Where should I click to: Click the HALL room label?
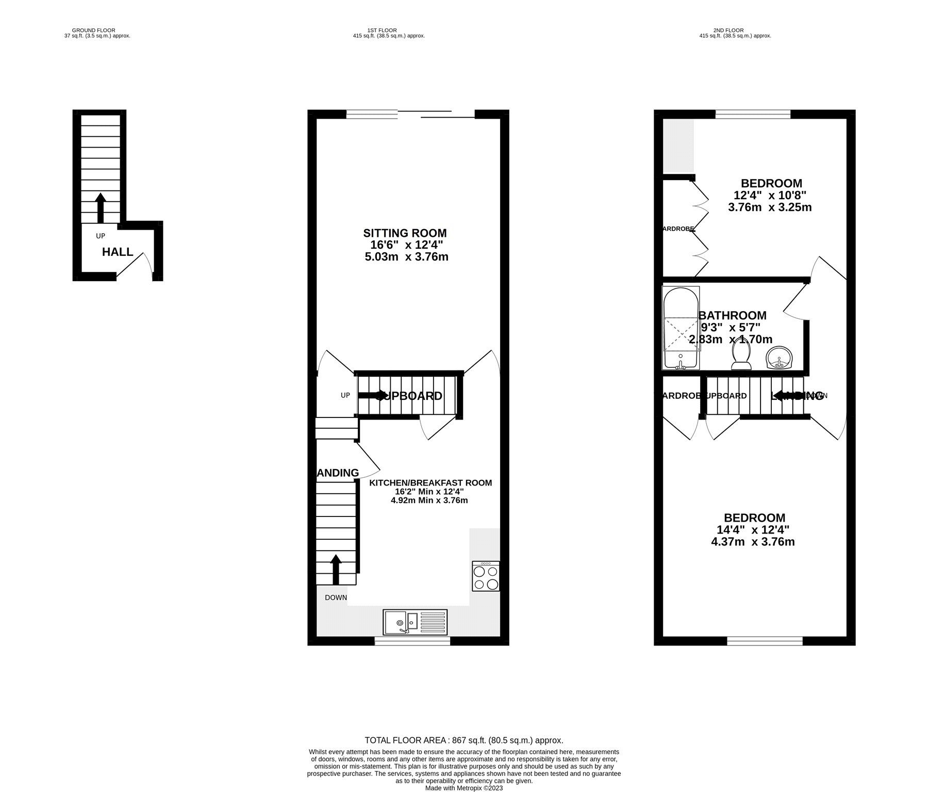(118, 252)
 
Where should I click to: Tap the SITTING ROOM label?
(405, 233)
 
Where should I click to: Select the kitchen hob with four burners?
(485, 576)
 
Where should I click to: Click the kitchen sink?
(416, 622)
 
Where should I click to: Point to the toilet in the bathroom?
(741, 357)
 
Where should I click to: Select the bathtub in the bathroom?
(681, 328)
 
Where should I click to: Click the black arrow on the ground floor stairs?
(101, 207)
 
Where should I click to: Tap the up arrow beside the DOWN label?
(336, 569)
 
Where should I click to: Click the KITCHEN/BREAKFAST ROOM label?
(430, 483)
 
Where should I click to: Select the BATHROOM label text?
(732, 315)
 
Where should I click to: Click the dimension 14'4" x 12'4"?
(753, 529)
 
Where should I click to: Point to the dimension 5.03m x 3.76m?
(406, 256)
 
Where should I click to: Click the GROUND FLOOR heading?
(94, 30)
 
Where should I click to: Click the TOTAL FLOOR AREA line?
(463, 740)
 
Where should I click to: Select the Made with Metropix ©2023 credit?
(463, 788)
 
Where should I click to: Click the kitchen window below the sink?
(412, 641)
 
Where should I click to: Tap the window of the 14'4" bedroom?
(765, 641)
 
